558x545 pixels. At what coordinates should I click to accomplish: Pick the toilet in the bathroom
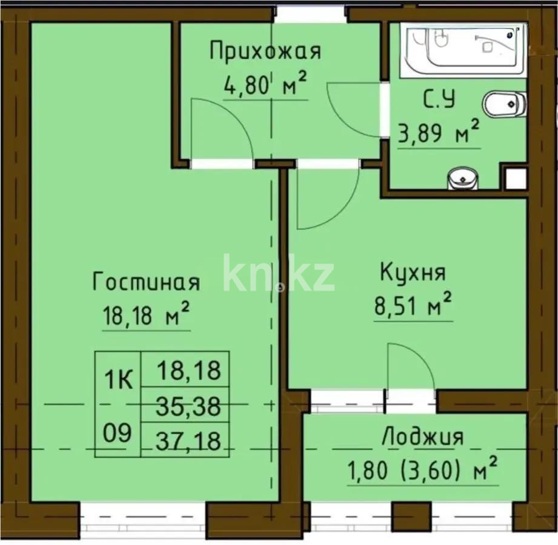(x=504, y=104)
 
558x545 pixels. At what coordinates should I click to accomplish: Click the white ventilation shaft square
(x=515, y=177)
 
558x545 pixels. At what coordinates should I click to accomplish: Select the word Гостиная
(x=146, y=282)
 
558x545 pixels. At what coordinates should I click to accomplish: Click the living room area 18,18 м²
(x=146, y=315)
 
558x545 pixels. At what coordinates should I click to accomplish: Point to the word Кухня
(x=413, y=272)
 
